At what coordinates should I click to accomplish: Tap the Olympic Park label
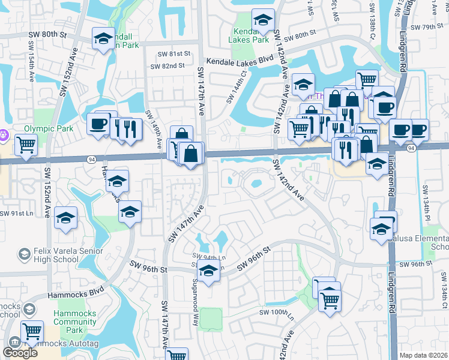[x=48, y=128]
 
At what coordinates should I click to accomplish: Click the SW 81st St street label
[x=173, y=53]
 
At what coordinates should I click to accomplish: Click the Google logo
[x=20, y=353]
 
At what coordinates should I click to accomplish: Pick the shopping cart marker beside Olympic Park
[x=26, y=145]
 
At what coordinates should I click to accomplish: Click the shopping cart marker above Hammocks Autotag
[x=32, y=331]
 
